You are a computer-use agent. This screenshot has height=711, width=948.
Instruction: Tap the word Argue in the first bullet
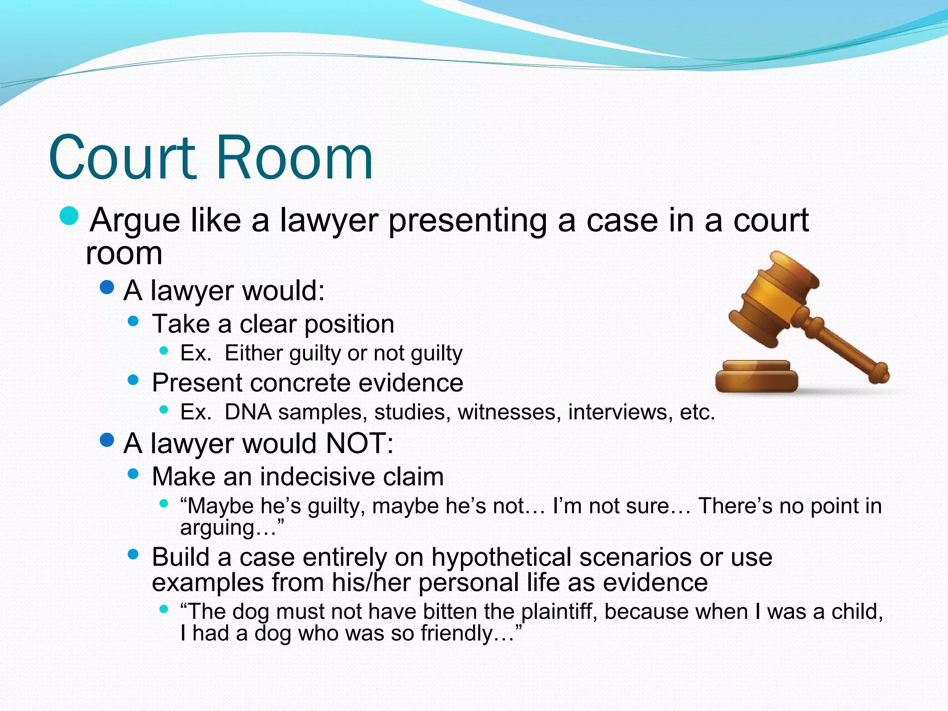[135, 220]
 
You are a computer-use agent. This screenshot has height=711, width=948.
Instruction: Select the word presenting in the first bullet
[468, 220]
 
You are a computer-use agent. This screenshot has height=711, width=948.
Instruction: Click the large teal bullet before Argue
[69, 216]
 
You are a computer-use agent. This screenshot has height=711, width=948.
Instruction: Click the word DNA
[248, 412]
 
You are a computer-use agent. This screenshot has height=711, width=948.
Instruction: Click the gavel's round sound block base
[756, 377]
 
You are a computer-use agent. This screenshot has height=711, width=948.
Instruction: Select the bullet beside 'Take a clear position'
[133, 321]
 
